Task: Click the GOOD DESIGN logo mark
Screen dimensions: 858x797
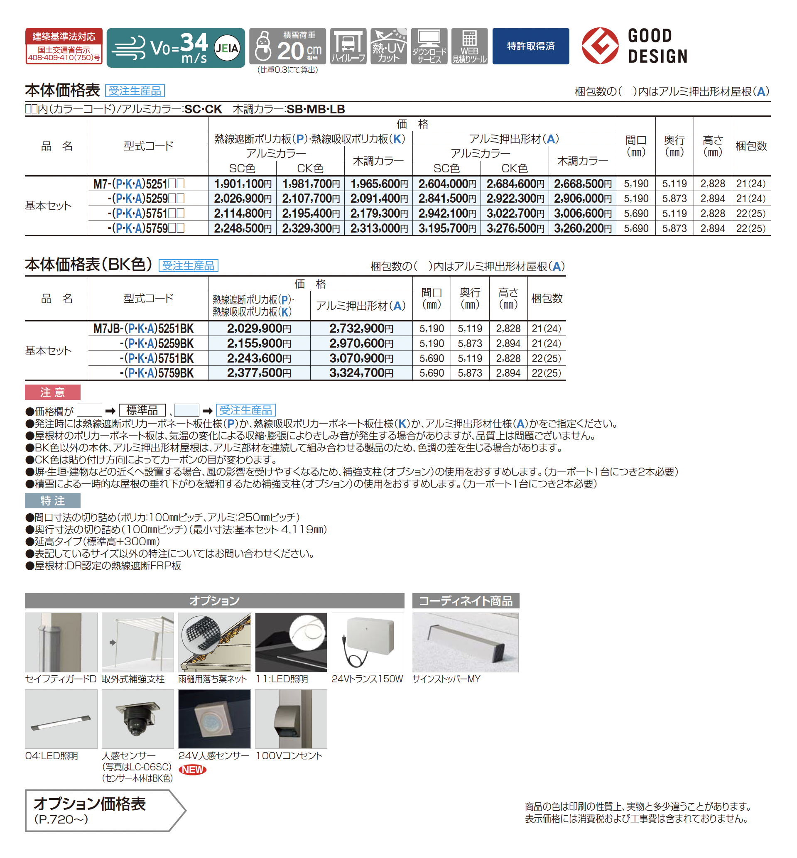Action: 600,46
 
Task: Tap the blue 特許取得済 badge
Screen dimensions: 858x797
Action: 530,46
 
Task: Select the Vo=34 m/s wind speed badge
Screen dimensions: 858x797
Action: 176,47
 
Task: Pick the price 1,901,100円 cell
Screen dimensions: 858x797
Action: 243,184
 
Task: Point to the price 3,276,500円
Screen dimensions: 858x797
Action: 515,228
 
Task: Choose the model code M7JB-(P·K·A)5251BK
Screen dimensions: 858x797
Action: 144,328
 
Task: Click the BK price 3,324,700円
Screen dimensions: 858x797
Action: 361,373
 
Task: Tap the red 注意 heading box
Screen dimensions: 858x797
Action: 53,392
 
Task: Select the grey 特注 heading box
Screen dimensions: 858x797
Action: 53,500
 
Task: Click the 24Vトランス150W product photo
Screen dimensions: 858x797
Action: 368,642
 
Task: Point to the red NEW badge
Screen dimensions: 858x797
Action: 192,770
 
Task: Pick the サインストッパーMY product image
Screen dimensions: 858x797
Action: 465,642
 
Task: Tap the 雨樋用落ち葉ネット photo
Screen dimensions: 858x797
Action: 214,642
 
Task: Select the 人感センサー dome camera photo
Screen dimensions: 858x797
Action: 137,719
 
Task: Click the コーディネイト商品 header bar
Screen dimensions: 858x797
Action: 465,601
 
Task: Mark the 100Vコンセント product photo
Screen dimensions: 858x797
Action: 291,719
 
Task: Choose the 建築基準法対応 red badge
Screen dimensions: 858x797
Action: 64,46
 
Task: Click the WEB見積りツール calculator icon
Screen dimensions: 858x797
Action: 469,46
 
